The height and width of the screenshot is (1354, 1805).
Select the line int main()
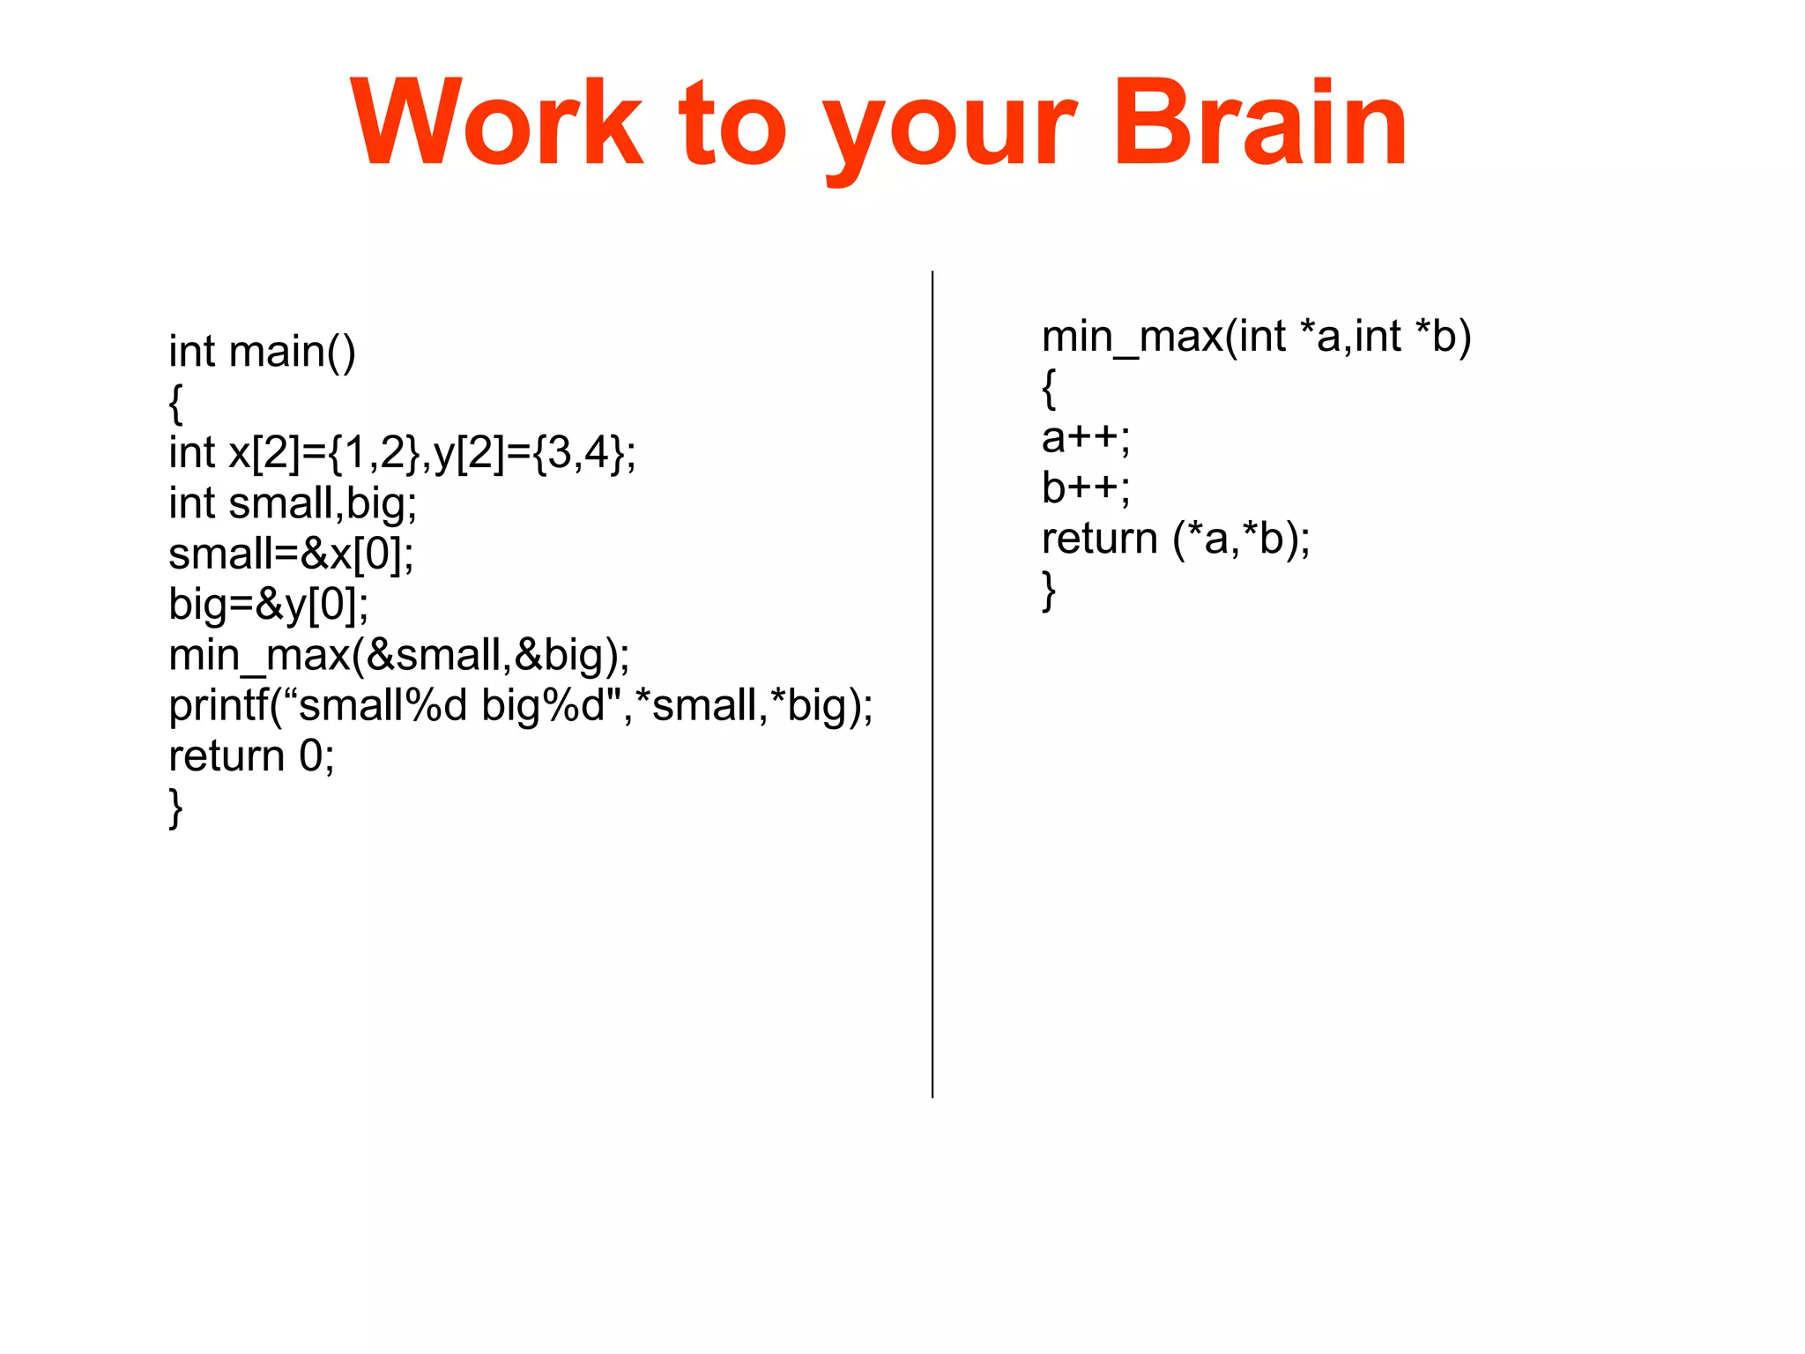click(x=263, y=352)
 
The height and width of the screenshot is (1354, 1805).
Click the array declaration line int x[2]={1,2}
click(x=402, y=453)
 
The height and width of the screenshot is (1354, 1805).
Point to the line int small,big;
click(x=293, y=503)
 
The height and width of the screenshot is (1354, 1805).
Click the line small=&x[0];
click(x=291, y=554)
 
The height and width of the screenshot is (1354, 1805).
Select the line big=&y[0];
click(x=269, y=605)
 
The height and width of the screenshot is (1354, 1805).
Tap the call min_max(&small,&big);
click(x=399, y=656)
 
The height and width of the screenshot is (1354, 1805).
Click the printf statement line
click(x=520, y=706)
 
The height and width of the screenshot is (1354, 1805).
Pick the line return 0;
click(x=251, y=756)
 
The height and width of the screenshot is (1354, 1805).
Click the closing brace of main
click(x=175, y=808)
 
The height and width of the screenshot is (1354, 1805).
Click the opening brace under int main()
click(x=175, y=404)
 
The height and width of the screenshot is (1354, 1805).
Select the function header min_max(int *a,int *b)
click(x=1256, y=337)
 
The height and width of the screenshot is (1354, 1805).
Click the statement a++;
click(x=1085, y=438)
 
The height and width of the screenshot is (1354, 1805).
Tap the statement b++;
click(x=1085, y=487)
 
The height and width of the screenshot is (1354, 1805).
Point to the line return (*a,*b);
click(x=1176, y=539)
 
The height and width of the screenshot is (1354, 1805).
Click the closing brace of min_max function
click(x=1048, y=591)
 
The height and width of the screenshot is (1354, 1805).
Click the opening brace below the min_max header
click(x=1048, y=389)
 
